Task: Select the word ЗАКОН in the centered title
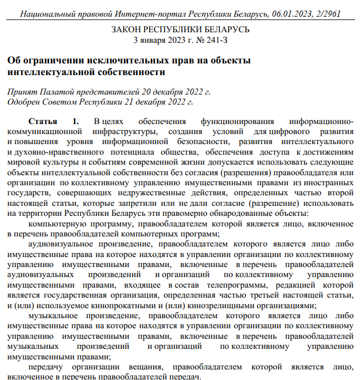pos(130,29)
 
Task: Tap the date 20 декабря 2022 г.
pos(176,92)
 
